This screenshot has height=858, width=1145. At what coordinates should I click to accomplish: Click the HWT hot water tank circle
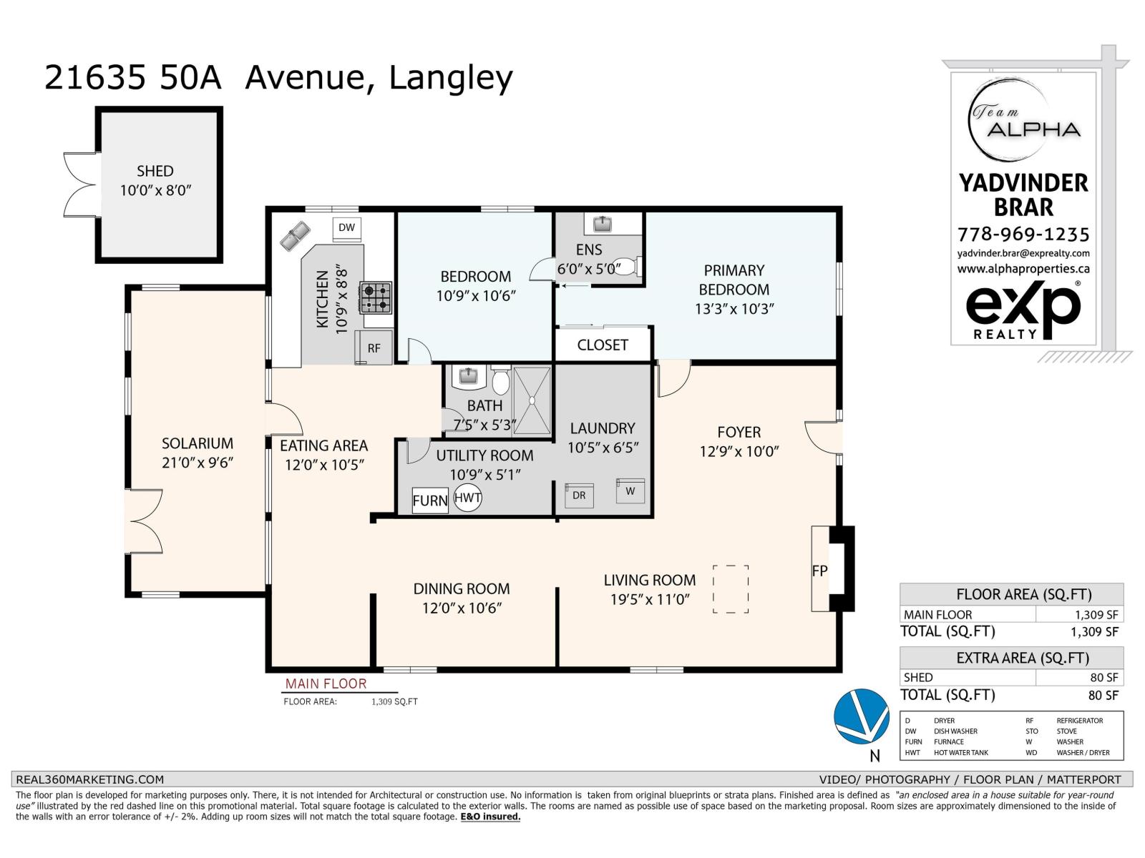coord(467,498)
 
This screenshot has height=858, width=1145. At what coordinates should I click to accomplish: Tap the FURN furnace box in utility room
coord(430,500)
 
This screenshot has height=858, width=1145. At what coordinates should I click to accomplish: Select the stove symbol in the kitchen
coord(376,297)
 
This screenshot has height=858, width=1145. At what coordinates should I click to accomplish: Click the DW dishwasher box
coord(347,228)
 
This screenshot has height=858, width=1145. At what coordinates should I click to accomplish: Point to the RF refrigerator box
coord(374,347)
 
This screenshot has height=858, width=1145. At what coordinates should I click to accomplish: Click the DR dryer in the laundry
coord(578,495)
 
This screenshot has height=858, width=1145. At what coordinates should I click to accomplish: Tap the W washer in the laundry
coord(630,491)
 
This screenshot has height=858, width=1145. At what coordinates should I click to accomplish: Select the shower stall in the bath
coord(532,400)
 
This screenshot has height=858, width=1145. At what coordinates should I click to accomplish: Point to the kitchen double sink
coord(295,235)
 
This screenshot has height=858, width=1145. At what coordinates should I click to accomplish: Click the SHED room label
coord(155,171)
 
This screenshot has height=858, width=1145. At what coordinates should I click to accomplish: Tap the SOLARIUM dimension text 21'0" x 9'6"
coord(198,463)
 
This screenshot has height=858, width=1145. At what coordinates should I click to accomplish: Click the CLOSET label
coord(603,345)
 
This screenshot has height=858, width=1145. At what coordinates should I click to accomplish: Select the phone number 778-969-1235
coord(1023,234)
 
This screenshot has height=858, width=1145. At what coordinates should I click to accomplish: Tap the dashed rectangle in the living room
coord(731,588)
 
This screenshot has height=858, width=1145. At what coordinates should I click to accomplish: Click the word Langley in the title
coord(450,78)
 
